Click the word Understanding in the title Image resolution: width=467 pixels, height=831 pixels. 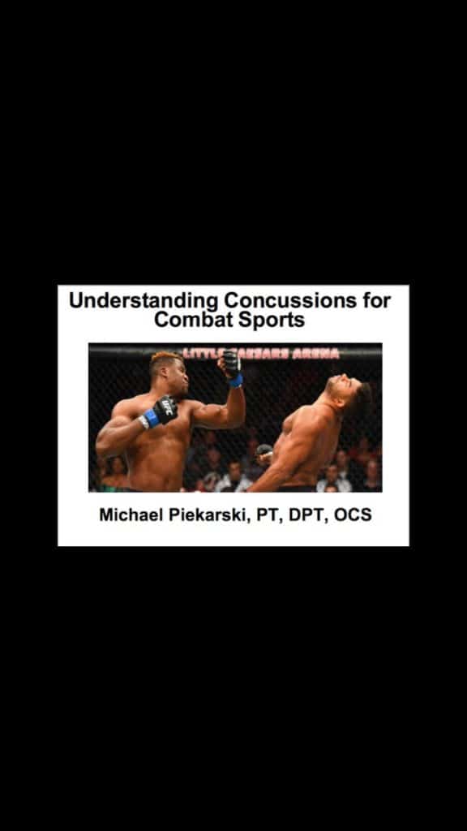point(144,300)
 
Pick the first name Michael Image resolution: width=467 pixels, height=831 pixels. point(131,515)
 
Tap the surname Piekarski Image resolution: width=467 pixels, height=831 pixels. point(209,515)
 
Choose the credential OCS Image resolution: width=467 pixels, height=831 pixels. point(353,515)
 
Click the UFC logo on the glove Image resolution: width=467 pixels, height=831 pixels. point(167,407)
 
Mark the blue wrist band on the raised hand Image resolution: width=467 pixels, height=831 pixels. point(236,381)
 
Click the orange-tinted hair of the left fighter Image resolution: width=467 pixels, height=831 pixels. point(165,358)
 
